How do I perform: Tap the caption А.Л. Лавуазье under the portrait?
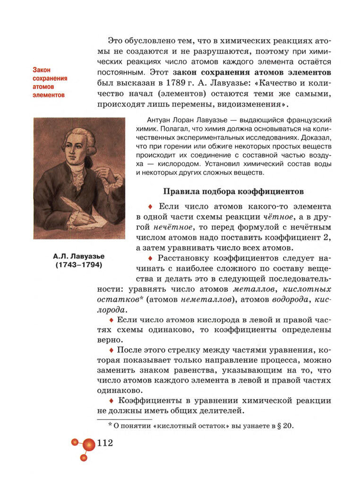pos(79,256)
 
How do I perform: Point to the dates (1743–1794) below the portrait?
pos(79,265)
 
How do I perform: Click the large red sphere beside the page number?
pos(89,444)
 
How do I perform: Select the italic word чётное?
pos(277,217)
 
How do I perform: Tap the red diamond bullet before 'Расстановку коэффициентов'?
pos(150,258)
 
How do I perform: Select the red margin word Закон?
pos(42,70)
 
